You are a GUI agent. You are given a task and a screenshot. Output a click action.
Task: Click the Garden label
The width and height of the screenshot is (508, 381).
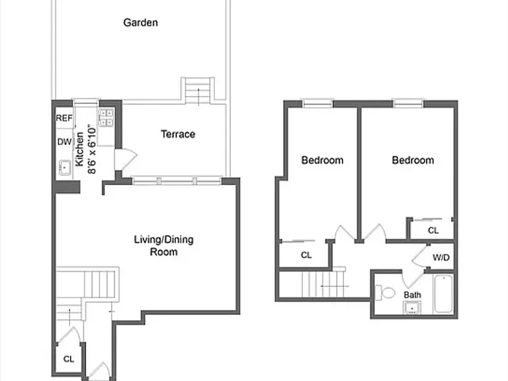click(141, 22)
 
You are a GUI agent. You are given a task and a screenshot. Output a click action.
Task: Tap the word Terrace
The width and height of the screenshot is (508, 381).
click(178, 134)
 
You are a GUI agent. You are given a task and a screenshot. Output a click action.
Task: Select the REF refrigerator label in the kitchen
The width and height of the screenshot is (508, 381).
click(64, 118)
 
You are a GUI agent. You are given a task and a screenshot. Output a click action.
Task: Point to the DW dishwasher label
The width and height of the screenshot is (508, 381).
click(64, 142)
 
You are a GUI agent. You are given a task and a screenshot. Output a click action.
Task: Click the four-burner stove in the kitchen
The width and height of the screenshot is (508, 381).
click(106, 118)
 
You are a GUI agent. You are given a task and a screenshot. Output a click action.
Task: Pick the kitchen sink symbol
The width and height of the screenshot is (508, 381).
click(65, 167)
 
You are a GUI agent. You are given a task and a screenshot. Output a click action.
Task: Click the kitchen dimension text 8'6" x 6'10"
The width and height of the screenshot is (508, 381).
click(92, 149)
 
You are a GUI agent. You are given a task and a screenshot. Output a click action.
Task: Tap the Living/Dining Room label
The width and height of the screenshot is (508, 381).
click(163, 245)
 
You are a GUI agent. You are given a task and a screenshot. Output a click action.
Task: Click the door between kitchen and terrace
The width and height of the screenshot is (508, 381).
click(126, 159)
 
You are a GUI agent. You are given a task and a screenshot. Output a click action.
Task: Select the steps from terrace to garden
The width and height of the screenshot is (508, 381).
click(198, 91)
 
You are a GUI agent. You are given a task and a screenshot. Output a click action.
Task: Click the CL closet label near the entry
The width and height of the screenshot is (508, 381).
click(69, 359)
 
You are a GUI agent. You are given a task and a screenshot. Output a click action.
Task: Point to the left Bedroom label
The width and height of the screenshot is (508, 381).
click(322, 160)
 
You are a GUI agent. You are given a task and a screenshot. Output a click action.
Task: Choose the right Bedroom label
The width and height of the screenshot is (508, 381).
click(413, 160)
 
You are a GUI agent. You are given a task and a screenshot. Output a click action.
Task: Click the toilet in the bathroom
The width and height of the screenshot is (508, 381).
click(385, 293)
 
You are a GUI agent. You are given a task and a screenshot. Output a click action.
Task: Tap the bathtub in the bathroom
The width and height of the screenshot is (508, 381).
click(443, 294)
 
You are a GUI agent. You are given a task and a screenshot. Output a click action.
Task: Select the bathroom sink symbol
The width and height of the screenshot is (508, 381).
click(412, 308)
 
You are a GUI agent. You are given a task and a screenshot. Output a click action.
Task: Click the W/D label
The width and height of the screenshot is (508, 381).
click(441, 257)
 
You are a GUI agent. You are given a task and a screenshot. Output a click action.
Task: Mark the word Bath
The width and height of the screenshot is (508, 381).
click(413, 295)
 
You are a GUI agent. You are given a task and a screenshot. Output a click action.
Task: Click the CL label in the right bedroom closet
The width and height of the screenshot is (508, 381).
click(433, 230)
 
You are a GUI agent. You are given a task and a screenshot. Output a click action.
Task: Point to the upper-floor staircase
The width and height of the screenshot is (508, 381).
click(323, 284)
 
